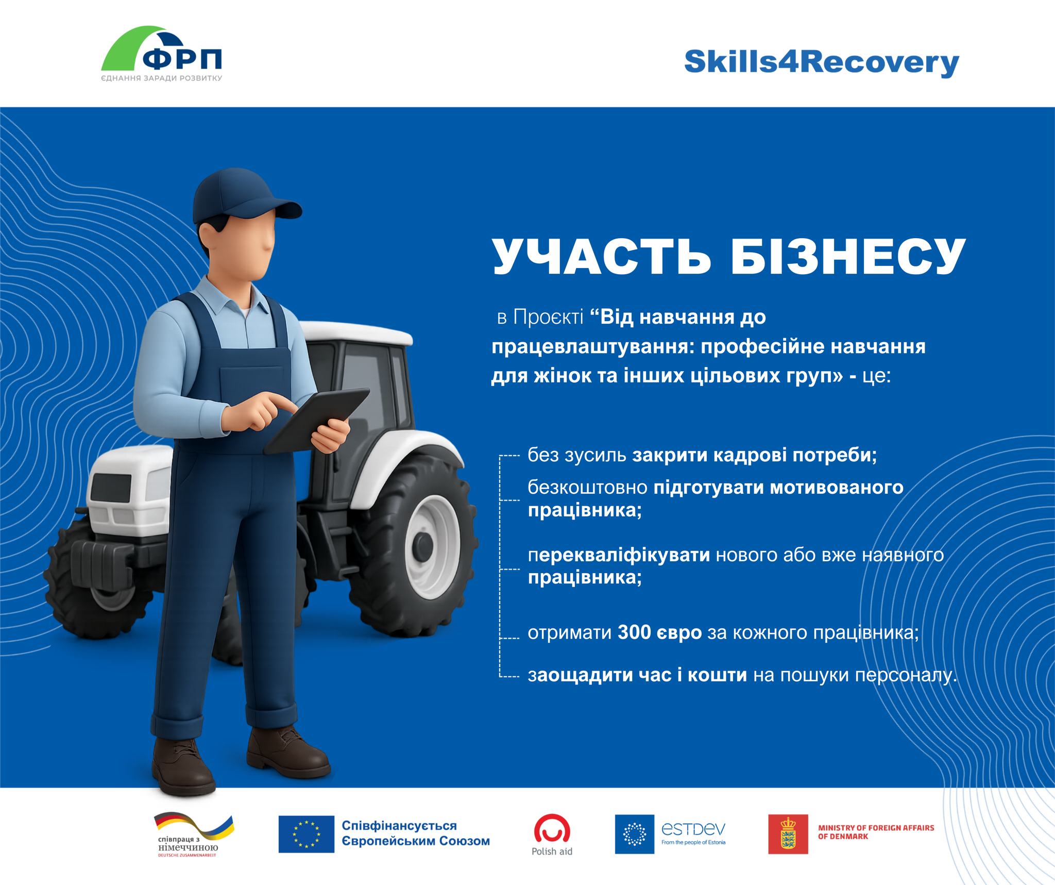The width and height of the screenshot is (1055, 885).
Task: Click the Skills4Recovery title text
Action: tap(821, 64)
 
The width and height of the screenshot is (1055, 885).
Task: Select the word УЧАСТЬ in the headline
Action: tap(602, 256)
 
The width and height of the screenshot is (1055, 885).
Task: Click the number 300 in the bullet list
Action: tap(634, 632)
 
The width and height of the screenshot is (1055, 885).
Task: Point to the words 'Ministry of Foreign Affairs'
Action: tap(876, 827)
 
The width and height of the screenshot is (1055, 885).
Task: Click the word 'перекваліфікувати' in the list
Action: tap(619, 555)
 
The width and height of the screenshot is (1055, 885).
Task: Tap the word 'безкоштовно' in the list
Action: tap(587, 487)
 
